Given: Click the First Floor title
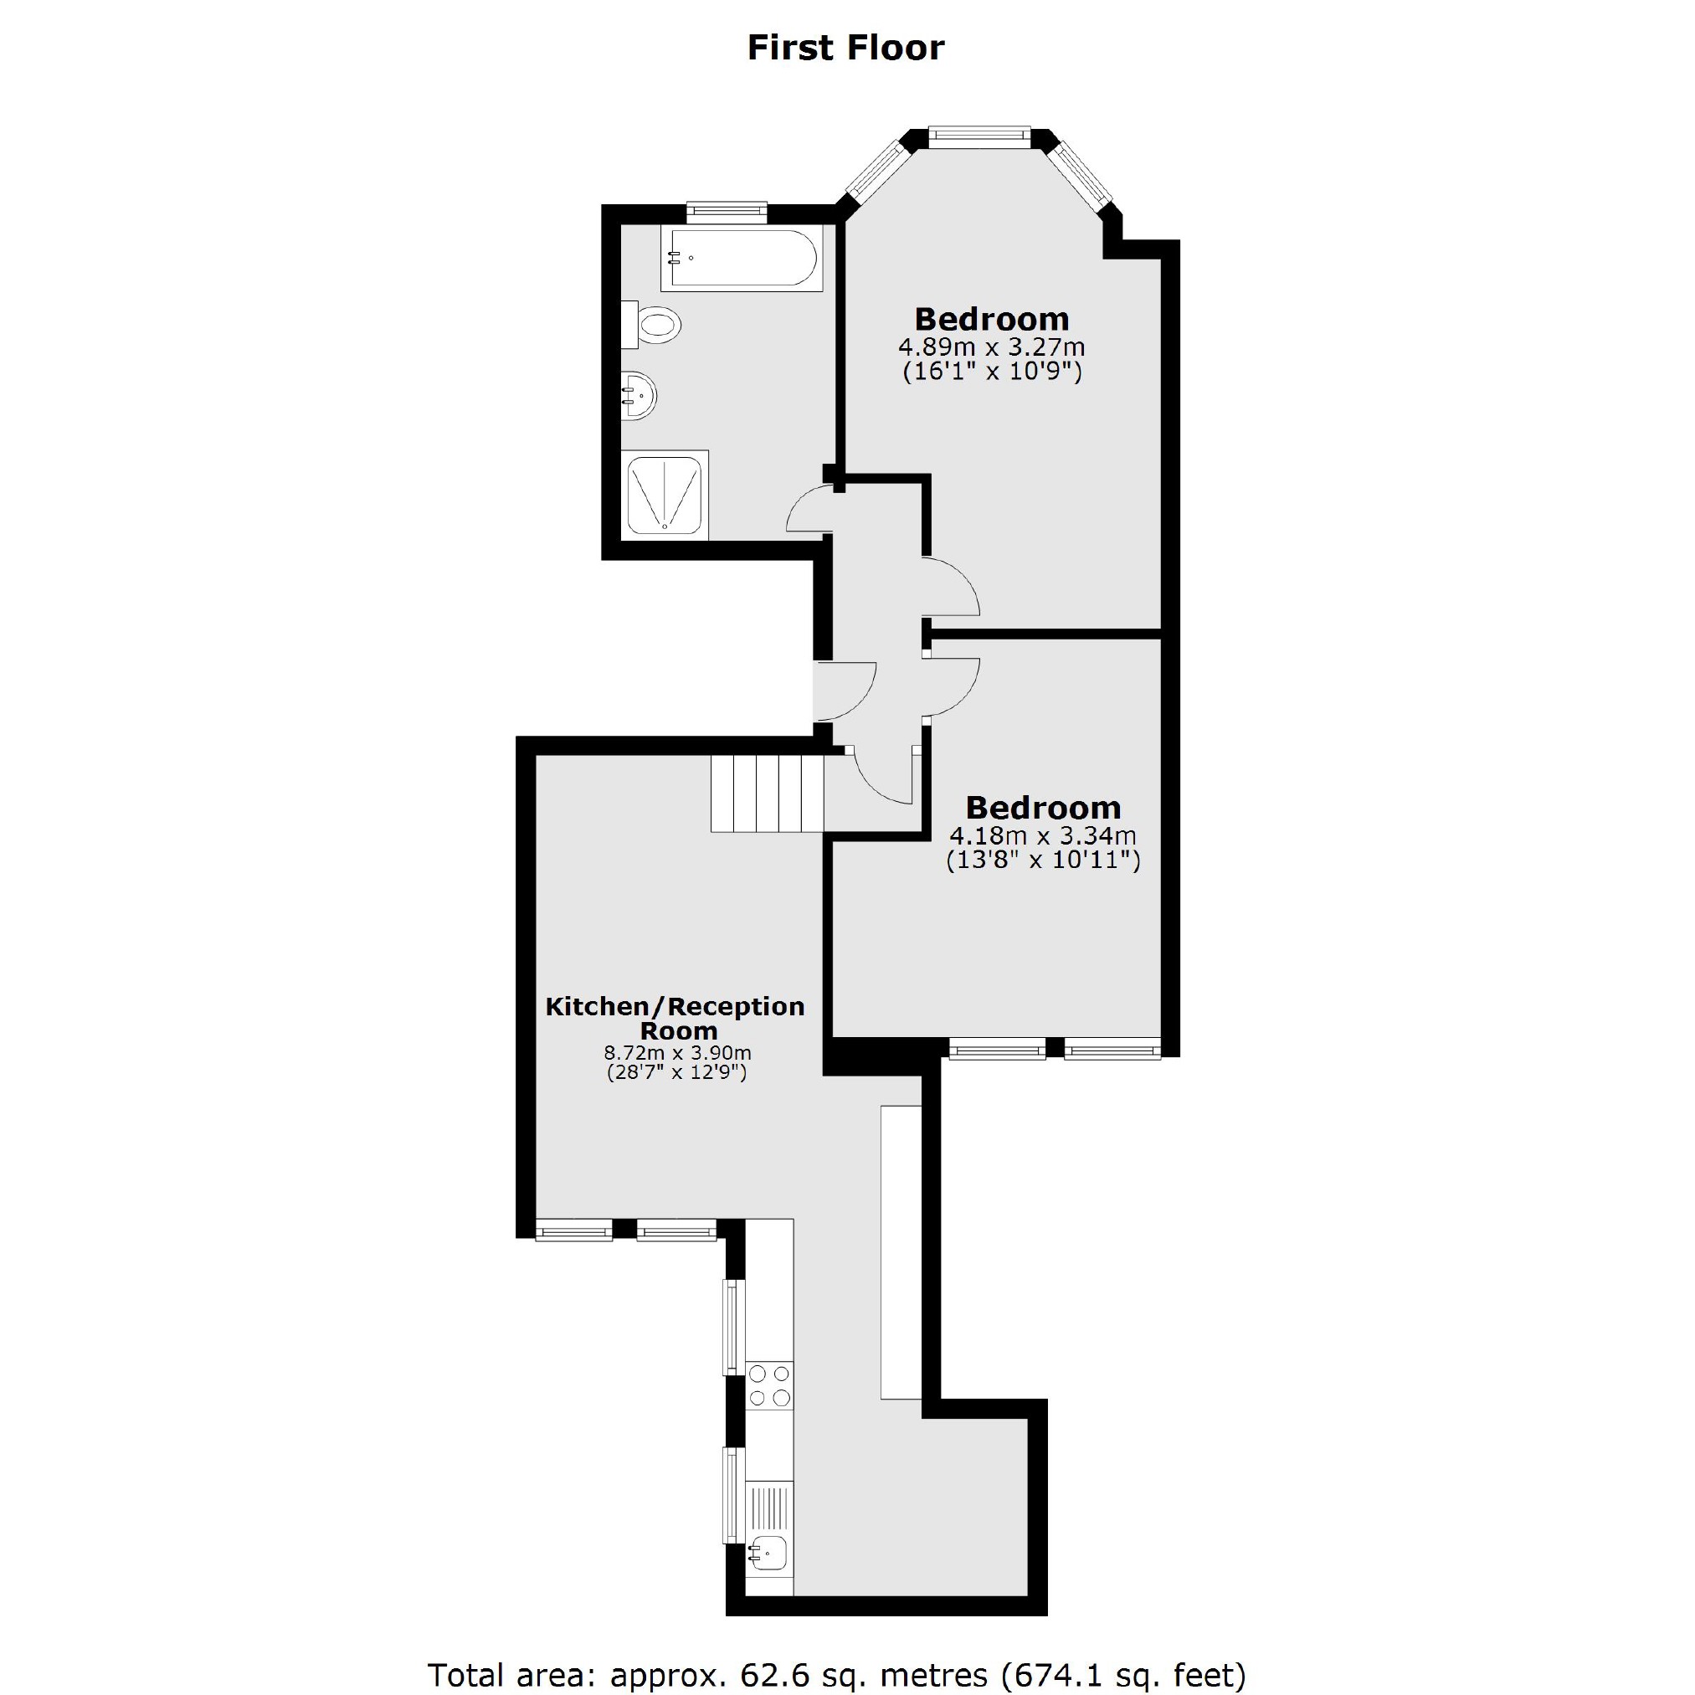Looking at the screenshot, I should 845,49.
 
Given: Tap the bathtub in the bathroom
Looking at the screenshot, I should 742,258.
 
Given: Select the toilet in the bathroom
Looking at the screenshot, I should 654,326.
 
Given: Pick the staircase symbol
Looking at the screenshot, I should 767,794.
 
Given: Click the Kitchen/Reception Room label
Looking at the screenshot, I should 675,1018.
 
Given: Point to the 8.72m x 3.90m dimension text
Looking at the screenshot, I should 676,1052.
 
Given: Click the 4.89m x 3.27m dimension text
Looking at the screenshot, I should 991,346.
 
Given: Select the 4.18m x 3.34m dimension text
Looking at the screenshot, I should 1042,835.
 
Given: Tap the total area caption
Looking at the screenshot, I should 836,1674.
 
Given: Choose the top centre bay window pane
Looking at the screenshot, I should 978,134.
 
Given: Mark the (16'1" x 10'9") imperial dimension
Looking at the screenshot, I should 991,371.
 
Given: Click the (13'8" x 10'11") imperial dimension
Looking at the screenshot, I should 1042,860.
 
